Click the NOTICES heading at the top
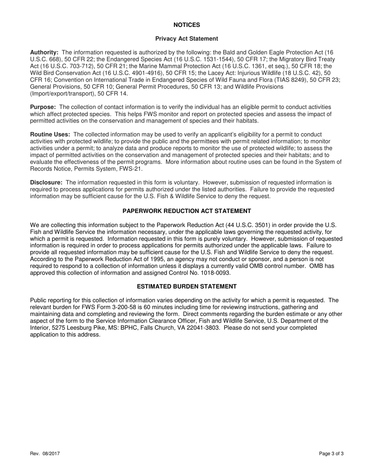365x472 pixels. click(x=187, y=25)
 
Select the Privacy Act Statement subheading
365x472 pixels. click(x=187, y=39)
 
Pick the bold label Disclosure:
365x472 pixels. click(x=46, y=183)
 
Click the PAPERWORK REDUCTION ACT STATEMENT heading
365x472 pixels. click(x=187, y=211)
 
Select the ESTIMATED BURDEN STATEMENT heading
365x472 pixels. click(x=187, y=287)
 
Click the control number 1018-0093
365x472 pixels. click(x=216, y=273)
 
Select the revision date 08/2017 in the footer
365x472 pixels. click(x=51, y=454)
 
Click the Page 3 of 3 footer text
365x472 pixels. click(x=331, y=454)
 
